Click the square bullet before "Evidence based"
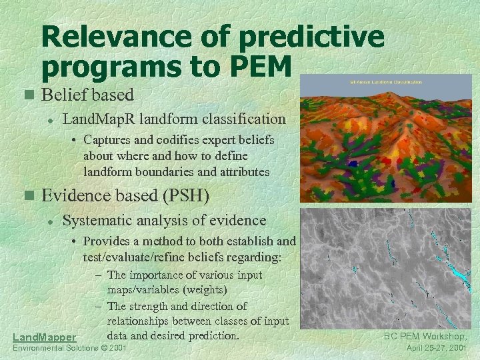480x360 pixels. coord(27,196)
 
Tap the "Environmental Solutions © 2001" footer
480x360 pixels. coord(70,349)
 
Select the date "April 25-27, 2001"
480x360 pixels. coord(437,348)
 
